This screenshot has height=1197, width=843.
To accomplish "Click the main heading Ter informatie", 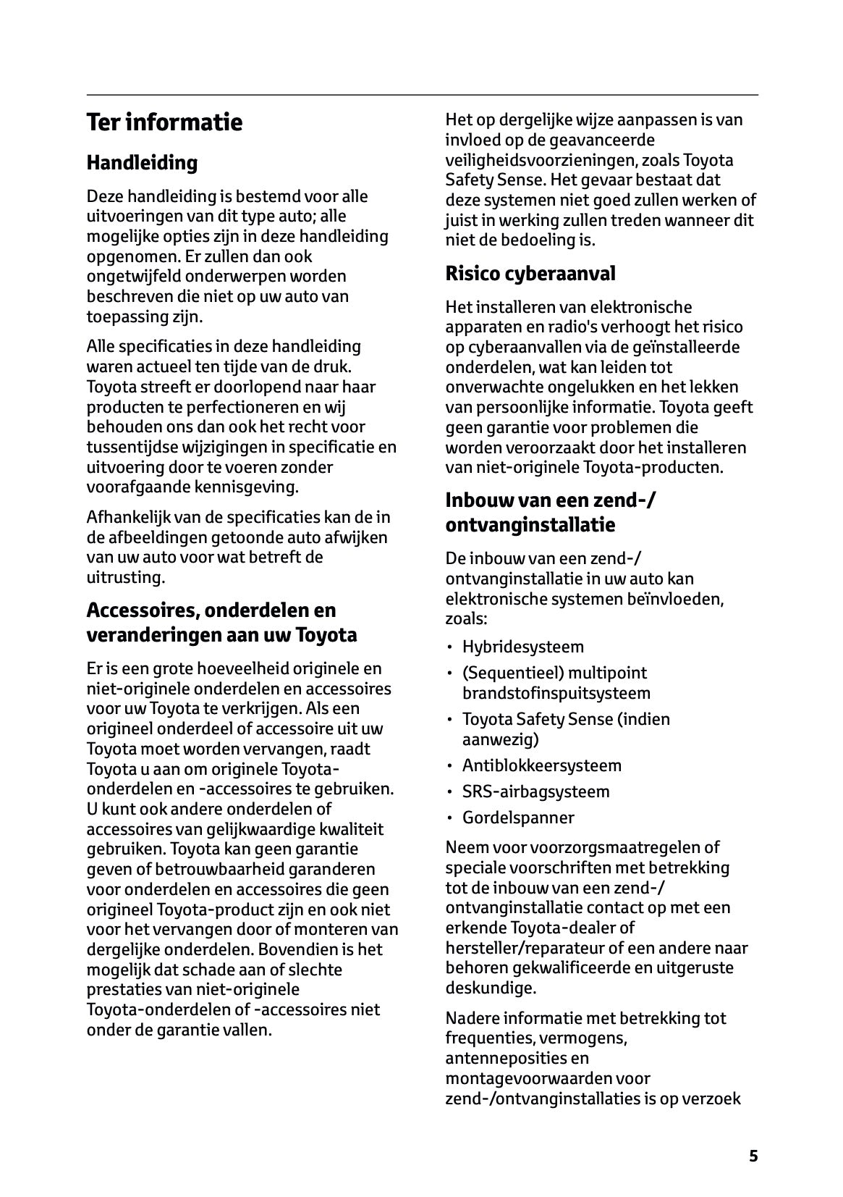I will click(x=164, y=122).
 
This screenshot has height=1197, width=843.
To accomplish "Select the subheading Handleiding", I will click(x=142, y=163).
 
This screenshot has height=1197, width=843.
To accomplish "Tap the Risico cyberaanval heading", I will click(x=530, y=274).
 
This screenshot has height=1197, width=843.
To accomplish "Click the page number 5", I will click(x=753, y=1156).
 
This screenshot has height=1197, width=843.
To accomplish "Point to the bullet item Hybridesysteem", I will click(x=522, y=647).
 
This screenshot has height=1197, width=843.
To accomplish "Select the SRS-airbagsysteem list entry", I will click(x=535, y=791).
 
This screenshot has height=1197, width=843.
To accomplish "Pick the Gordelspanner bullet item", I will click(x=518, y=818).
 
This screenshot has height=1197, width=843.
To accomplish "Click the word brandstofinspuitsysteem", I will click(x=556, y=693).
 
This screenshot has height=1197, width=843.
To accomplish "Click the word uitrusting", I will click(x=125, y=577).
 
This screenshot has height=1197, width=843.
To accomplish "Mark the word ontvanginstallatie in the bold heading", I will click(x=530, y=525).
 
